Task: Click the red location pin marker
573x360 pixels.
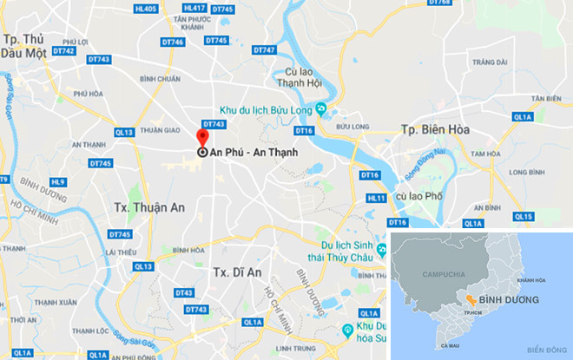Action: pos(202,141)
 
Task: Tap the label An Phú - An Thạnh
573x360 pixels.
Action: pos(251,152)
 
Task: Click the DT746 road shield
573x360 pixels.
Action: pos(172,42)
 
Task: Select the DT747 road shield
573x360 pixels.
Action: pos(264,50)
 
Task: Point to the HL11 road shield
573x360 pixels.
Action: pos(376,198)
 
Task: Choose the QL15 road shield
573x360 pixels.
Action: pos(523,216)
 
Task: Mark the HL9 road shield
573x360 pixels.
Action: pos(58,182)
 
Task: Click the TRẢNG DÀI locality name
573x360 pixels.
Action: pos(491,62)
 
